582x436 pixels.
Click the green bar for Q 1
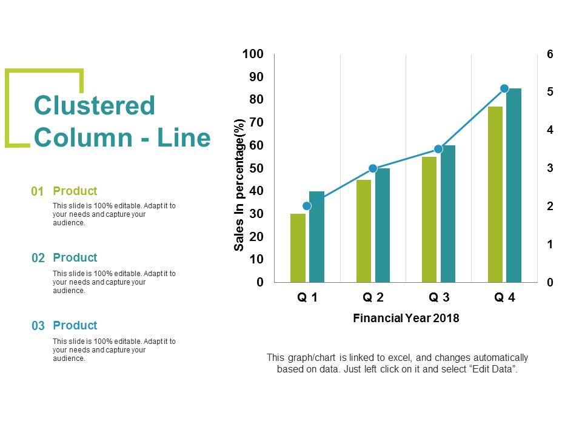coord(298,248)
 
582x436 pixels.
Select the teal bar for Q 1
coord(316,237)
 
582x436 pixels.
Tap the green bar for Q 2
coord(364,231)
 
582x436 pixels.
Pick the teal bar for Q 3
coord(448,214)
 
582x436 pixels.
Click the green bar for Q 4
coord(495,194)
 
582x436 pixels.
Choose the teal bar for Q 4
coord(514,185)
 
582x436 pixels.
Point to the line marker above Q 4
coord(504,89)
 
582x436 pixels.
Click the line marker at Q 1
coord(307,206)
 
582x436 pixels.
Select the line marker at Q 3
coord(438,149)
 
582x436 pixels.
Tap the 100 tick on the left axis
coord(253,54)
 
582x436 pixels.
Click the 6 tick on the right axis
coord(550,54)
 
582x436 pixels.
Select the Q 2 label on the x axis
coord(373,298)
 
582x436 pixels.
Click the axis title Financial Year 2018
coord(406,319)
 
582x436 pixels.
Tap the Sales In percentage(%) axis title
coord(239,184)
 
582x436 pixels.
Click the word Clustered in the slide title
coord(95,106)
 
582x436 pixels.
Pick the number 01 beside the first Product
coord(38,192)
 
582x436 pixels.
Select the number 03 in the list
coord(38,326)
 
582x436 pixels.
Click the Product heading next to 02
coord(75,258)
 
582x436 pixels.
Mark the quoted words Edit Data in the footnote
coord(494,369)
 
